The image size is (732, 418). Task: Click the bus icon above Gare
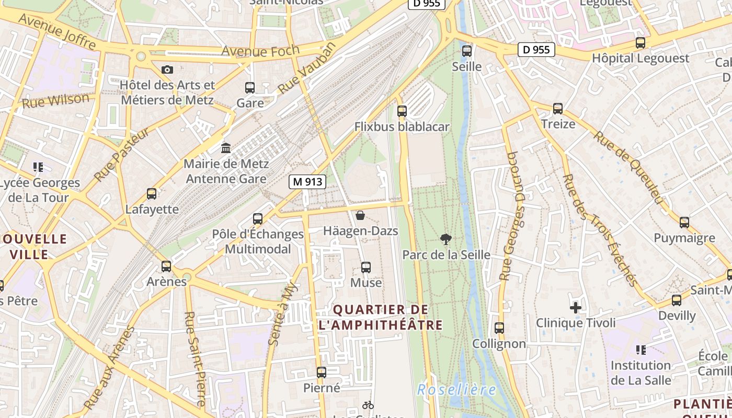[x=250, y=88]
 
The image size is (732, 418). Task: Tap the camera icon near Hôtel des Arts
[x=167, y=69]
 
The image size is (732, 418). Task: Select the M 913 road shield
[x=308, y=182]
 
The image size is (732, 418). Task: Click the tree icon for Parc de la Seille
[x=446, y=239]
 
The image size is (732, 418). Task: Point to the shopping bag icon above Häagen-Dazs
[x=360, y=215]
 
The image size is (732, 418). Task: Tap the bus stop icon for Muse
[x=366, y=268]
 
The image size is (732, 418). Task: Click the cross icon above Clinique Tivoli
[x=576, y=308]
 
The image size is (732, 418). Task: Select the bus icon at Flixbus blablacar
[x=402, y=111]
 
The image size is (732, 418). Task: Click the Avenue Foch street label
[x=260, y=51]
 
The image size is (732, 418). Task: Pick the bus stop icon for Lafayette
[x=152, y=194]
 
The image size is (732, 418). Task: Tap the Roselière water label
[x=456, y=390]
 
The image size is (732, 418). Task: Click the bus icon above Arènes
[x=166, y=266]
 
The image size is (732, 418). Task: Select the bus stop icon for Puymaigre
[x=684, y=223]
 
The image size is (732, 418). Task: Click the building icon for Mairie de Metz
[x=226, y=148]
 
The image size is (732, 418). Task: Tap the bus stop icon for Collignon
[x=499, y=328]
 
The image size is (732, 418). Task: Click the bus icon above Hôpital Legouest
[x=641, y=43]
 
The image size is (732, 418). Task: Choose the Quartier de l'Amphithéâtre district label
[x=381, y=317]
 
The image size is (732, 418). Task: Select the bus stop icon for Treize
[x=558, y=109]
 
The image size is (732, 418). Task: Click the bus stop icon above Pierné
[x=322, y=373]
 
